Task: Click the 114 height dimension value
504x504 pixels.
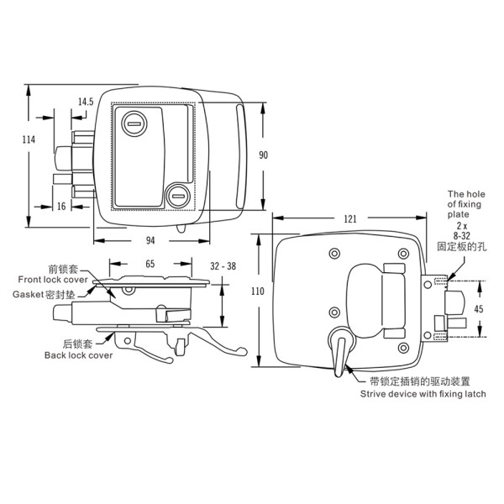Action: pyautogui.click(x=29, y=139)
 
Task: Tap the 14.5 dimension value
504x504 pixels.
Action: pyautogui.click(x=86, y=102)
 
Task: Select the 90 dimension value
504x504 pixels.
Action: pyautogui.click(x=263, y=155)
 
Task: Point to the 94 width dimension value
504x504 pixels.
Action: pyautogui.click(x=150, y=240)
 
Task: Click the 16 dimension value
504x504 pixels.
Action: pyautogui.click(x=61, y=207)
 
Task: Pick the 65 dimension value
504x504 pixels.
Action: pyautogui.click(x=150, y=264)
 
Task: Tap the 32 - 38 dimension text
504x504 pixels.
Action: pyautogui.click(x=223, y=266)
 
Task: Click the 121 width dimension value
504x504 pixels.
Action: pyautogui.click(x=350, y=219)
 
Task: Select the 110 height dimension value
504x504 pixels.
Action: pyautogui.click(x=258, y=291)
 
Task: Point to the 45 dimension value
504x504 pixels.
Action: pyautogui.click(x=479, y=309)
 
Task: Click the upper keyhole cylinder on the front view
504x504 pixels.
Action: pyautogui.click(x=134, y=123)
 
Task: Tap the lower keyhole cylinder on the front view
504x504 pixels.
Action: pyautogui.click(x=178, y=196)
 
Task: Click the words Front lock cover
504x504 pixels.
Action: pyautogui.click(x=53, y=280)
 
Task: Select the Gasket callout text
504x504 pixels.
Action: pyautogui.click(x=44, y=295)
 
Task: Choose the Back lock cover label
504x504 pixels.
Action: pyautogui.click(x=78, y=355)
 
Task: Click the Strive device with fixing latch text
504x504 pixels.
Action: pyautogui.click(x=423, y=394)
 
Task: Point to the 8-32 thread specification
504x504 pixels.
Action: pyautogui.click(x=461, y=236)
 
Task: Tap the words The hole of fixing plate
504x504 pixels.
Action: pyautogui.click(x=466, y=204)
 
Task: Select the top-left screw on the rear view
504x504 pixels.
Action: pyautogui.click(x=334, y=254)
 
